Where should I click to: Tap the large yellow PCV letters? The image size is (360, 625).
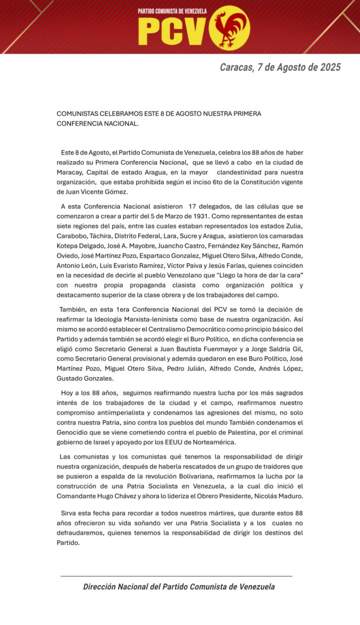[x=172, y=32]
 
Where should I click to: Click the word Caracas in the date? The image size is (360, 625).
[x=237, y=67]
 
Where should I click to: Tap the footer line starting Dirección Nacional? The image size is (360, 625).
[x=179, y=587]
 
